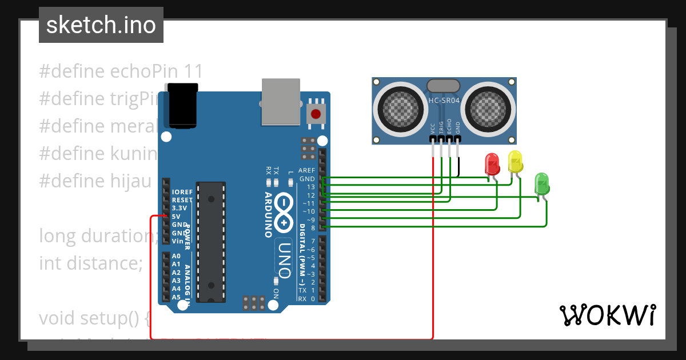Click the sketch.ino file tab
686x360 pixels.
coord(101,25)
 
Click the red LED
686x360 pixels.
coord(492,164)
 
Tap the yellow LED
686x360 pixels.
coord(515,162)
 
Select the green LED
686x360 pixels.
coord(541,183)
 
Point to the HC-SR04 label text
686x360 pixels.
coord(444,101)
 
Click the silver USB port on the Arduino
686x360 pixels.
coord(281,101)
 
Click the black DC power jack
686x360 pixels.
coord(183,106)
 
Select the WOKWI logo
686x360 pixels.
coord(607,315)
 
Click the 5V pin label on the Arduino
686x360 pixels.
coord(177,217)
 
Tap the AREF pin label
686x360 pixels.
coord(306,170)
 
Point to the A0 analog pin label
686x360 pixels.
coord(176,257)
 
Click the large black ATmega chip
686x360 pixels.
coord(211,241)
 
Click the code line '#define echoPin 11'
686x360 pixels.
coord(121,71)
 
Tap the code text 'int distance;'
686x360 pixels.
coord(90,263)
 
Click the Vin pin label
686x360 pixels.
coord(177,241)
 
